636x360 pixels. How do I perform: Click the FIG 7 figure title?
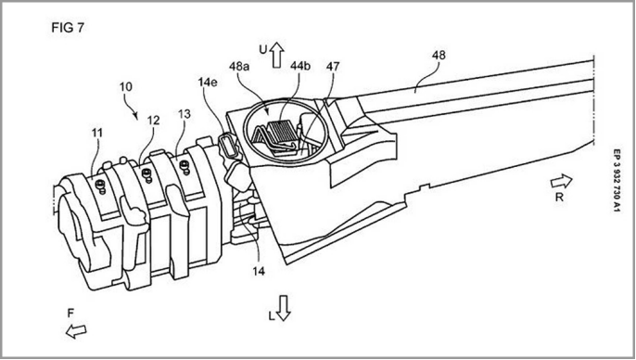click(68, 28)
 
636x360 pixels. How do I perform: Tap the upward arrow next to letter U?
click(277, 55)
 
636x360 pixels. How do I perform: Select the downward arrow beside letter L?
click(283, 308)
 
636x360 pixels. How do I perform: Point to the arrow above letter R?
click(562, 182)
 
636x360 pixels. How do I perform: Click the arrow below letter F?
click(76, 331)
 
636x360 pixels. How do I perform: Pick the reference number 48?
click(439, 55)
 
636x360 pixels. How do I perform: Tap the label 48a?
click(239, 66)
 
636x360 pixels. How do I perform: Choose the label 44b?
click(299, 66)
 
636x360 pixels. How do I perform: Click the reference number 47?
click(333, 66)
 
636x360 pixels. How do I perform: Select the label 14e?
click(208, 82)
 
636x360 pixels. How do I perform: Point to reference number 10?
click(126, 87)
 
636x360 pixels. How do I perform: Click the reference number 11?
click(97, 133)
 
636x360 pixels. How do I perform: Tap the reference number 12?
click(153, 121)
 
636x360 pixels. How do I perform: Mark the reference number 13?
click(184, 114)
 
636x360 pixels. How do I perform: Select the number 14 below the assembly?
click(259, 271)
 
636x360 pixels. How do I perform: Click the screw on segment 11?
click(99, 186)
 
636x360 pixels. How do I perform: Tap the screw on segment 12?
click(146, 175)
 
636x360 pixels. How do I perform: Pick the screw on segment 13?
click(185, 166)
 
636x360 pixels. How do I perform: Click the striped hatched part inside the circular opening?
click(282, 132)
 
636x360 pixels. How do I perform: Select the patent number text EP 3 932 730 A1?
click(617, 181)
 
